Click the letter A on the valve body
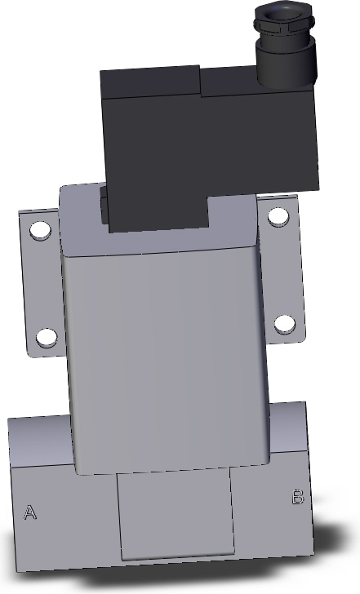(30, 512)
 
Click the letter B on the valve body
(298, 497)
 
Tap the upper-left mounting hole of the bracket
(40, 230)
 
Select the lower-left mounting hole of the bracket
(47, 338)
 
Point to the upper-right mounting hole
(278, 217)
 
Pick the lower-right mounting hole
(285, 324)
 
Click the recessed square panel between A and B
(176, 515)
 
